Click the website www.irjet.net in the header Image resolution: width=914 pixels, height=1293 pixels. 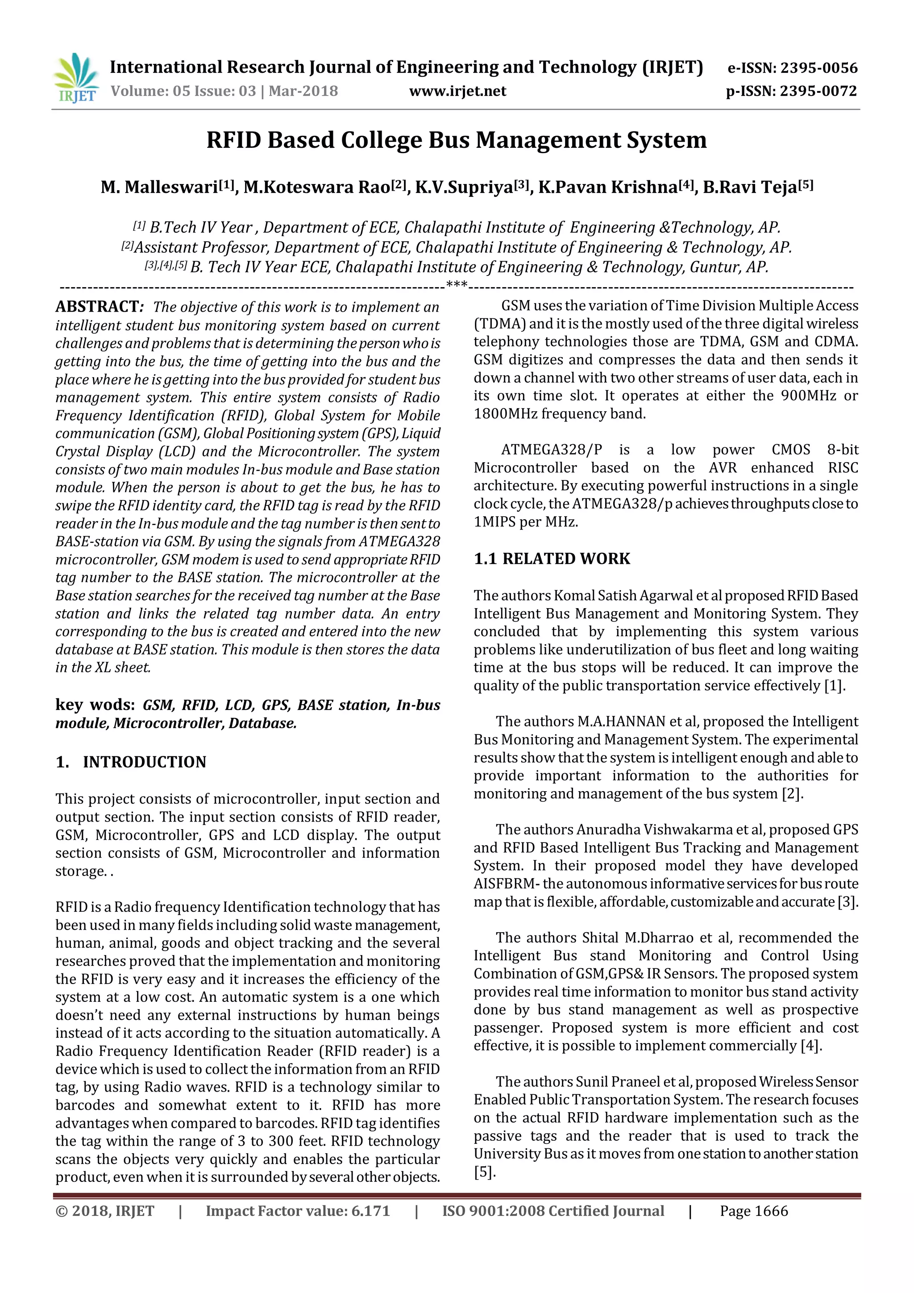(x=457, y=91)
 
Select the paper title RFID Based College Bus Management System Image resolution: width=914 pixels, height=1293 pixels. (x=457, y=140)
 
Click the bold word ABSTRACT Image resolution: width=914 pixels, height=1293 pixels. (x=96, y=307)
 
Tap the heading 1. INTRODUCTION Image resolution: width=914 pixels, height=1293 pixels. (x=131, y=762)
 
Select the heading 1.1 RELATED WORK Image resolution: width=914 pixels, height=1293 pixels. (x=552, y=559)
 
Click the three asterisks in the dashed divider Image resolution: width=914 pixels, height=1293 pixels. (x=457, y=285)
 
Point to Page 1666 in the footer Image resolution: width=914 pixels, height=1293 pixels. (x=754, y=1211)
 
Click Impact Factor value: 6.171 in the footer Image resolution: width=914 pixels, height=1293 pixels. (x=298, y=1211)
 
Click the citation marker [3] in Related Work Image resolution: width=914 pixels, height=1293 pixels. (x=847, y=901)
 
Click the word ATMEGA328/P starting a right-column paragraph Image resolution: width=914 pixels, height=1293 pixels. (x=551, y=450)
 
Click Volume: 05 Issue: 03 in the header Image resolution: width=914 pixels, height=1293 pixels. (x=183, y=91)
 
